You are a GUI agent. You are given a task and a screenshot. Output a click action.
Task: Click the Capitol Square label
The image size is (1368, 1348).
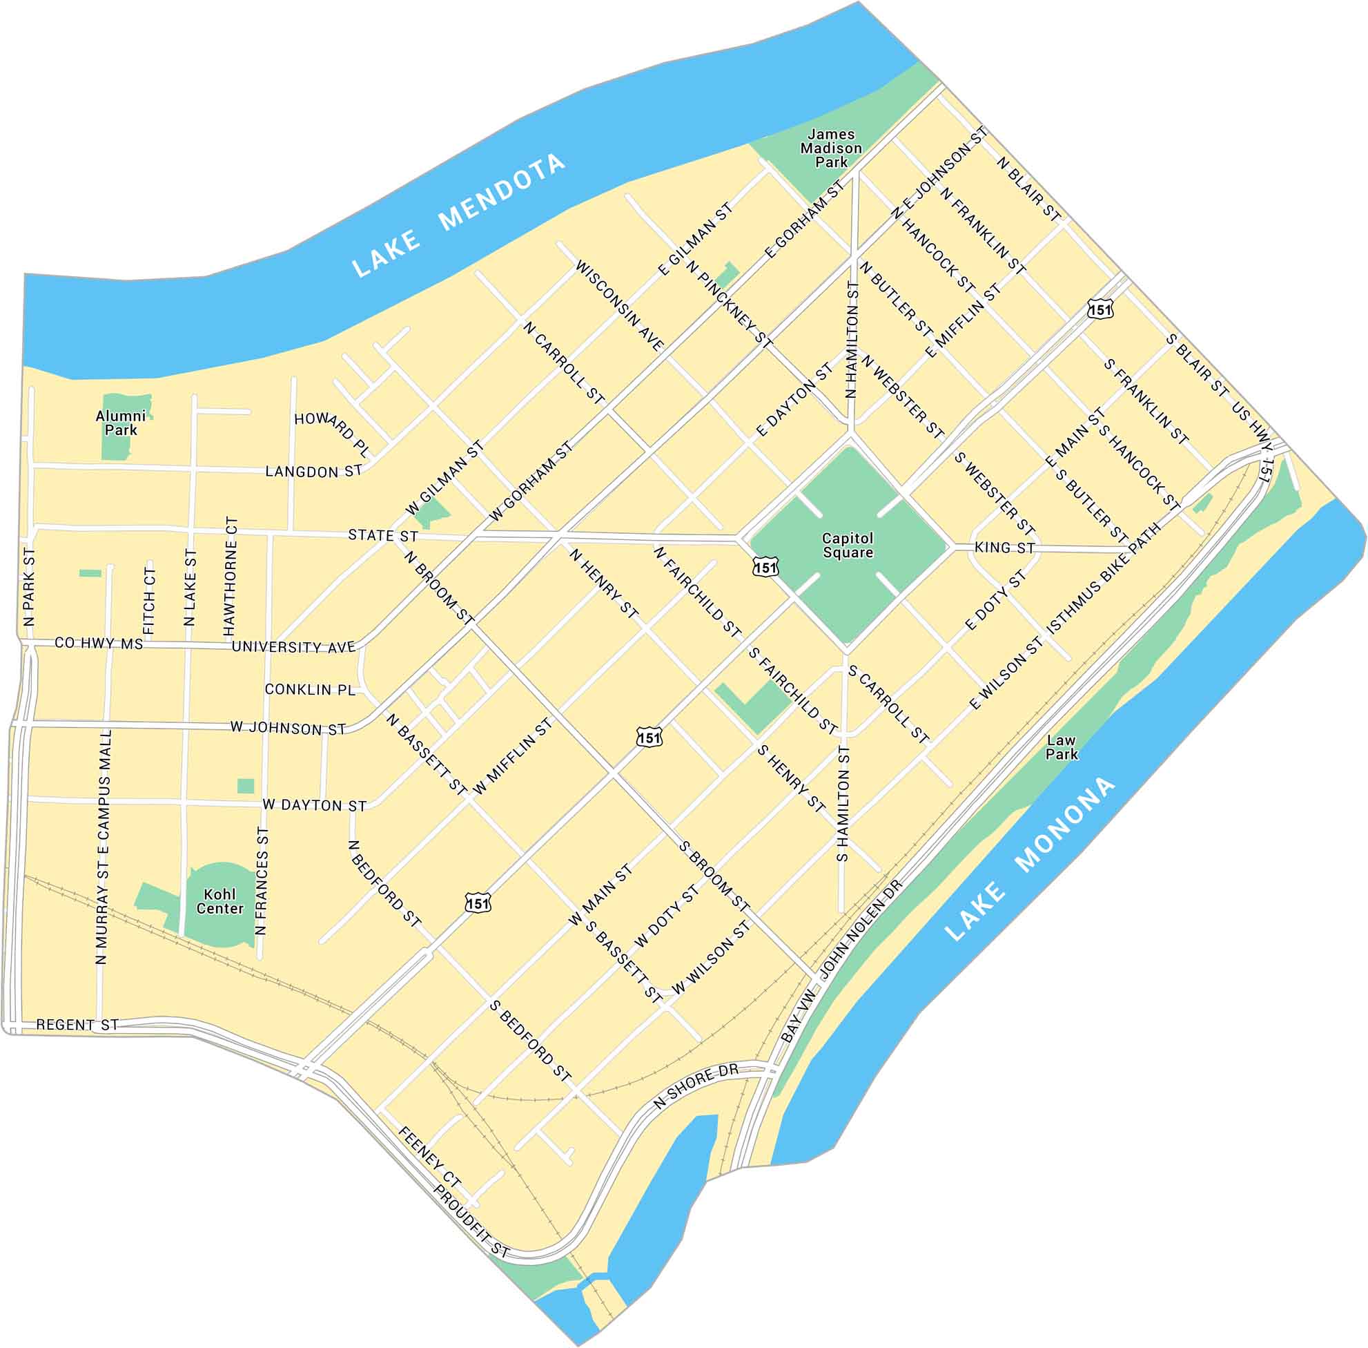tap(848, 546)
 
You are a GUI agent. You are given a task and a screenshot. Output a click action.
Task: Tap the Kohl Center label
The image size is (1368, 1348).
tap(219, 901)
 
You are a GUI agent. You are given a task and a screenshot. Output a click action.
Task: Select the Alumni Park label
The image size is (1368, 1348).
tap(121, 423)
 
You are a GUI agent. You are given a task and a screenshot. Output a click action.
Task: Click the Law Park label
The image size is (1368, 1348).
tap(1062, 748)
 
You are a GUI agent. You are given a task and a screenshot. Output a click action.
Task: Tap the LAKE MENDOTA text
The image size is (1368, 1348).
tap(459, 215)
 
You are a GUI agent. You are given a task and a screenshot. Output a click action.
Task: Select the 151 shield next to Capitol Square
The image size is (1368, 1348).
tap(765, 567)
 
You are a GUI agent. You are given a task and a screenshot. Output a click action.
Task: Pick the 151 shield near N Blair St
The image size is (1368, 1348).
tap(1101, 309)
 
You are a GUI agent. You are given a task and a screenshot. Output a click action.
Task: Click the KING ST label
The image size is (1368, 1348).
tap(1005, 547)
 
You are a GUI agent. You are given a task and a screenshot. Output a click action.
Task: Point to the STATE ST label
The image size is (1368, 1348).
tap(383, 536)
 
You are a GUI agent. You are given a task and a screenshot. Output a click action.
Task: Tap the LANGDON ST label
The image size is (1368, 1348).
tap(314, 472)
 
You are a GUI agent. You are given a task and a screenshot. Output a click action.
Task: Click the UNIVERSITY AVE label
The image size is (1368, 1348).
tap(294, 647)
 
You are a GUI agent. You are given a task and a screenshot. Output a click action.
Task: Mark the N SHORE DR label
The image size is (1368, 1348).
tap(696, 1086)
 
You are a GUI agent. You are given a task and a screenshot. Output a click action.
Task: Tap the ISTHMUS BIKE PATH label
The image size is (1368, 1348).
tap(1104, 578)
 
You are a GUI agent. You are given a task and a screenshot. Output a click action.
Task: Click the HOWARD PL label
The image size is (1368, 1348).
tap(332, 431)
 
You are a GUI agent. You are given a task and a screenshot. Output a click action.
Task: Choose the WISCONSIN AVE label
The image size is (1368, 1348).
tap(619, 306)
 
